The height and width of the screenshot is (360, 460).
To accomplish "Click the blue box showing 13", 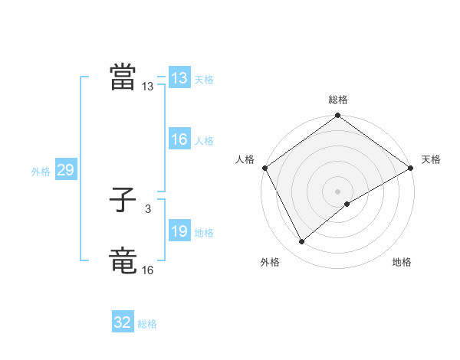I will click(x=179, y=79).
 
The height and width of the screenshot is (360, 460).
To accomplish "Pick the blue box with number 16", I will click(x=179, y=140).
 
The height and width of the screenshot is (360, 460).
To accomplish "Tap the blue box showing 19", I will click(x=179, y=232).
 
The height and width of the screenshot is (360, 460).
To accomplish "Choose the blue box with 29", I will click(x=65, y=171).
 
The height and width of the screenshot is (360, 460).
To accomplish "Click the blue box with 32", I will click(x=123, y=323).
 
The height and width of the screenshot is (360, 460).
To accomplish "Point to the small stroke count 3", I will click(x=147, y=209).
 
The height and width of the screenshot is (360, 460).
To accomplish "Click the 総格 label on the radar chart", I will click(x=338, y=100).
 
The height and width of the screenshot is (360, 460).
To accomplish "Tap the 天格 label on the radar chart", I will click(x=431, y=159).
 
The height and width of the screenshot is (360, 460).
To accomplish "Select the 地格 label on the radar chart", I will click(x=402, y=263).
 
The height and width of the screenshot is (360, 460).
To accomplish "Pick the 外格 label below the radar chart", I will click(x=270, y=263).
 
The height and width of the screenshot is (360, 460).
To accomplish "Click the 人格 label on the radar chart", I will click(x=245, y=159).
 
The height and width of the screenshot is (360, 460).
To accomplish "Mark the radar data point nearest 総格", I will click(x=338, y=116).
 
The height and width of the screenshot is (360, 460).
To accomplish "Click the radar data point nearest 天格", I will click(x=411, y=168).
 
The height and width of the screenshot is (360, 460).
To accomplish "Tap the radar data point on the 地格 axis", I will click(x=347, y=204).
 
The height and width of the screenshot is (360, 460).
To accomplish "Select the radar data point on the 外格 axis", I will click(x=302, y=242).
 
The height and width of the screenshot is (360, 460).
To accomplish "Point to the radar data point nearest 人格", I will click(x=264, y=168).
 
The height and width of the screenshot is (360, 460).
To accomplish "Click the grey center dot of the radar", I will click(x=338, y=191).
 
